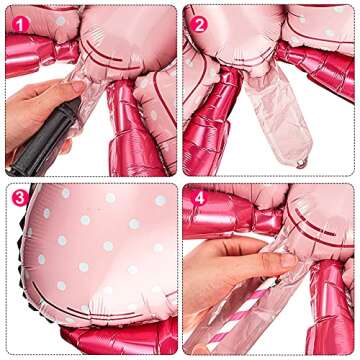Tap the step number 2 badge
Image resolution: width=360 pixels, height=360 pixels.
(x=200, y=22)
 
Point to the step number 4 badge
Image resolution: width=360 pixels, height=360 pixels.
(x=199, y=196)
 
